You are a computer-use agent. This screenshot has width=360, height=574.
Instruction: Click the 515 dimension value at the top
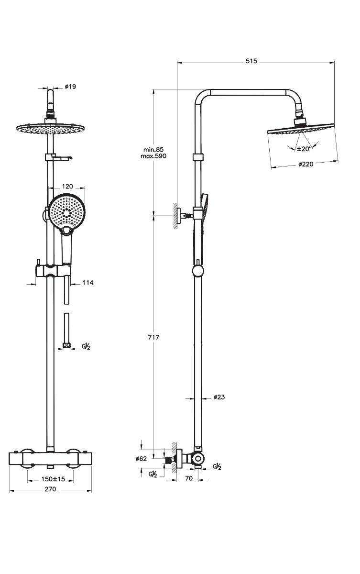pyautogui.click(x=251, y=61)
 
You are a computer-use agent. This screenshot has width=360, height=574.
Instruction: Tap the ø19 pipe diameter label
pyautogui.click(x=70, y=87)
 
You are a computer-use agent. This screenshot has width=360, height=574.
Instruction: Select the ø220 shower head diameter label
pyautogui.click(x=305, y=164)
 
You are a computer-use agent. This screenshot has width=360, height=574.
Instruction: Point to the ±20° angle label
pyautogui.click(x=304, y=149)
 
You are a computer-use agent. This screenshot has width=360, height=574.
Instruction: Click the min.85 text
pyautogui.click(x=153, y=149)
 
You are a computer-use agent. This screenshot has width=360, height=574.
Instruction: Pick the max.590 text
pyautogui.click(x=153, y=156)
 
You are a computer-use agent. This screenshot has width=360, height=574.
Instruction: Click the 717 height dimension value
pyautogui.click(x=153, y=337)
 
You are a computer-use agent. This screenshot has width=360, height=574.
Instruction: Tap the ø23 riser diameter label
pyautogui.click(x=219, y=397)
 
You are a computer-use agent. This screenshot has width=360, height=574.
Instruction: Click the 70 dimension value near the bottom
pyautogui.click(x=189, y=478)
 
